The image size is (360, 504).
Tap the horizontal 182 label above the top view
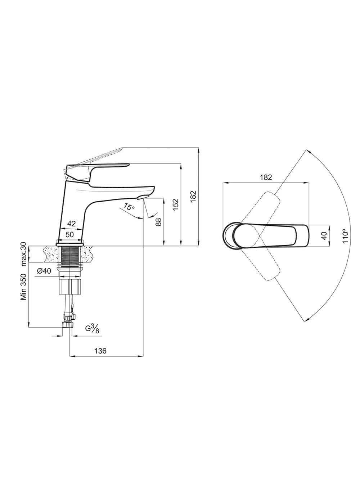[266, 177]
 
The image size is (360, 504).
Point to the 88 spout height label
[159, 222]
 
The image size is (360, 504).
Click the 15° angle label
[129, 206]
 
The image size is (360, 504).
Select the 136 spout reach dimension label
[100, 351]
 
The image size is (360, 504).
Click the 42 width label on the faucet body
[72, 224]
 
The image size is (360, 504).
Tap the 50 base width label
[69, 234]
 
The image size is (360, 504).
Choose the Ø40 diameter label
[44, 271]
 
